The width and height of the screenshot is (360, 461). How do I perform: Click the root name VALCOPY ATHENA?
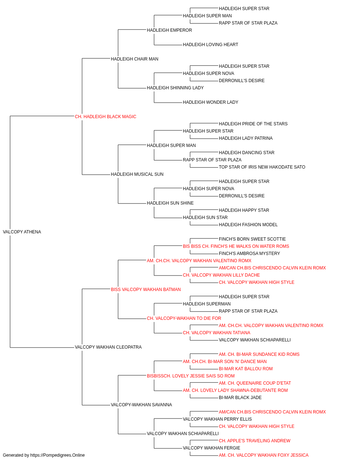tap(22, 232)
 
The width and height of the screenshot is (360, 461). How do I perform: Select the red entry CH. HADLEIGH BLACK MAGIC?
tap(105, 116)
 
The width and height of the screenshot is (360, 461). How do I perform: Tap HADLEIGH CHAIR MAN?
tap(134, 59)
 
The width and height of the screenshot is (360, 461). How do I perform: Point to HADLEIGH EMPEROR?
tap(169, 30)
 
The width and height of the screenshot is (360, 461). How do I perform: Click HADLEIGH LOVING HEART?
tap(210, 44)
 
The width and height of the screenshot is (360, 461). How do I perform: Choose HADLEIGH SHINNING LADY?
tap(175, 88)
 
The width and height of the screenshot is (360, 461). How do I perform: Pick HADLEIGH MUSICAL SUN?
tap(137, 174)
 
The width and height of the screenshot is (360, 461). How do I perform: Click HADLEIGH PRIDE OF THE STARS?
tap(253, 124)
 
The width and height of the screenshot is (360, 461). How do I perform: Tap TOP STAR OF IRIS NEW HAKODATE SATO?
tap(262, 167)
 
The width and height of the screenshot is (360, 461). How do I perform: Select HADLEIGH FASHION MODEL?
tap(248, 224)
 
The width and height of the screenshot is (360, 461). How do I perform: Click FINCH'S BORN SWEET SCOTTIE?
tap(252, 239)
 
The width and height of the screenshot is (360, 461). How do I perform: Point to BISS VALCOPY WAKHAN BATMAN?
tap(146, 289)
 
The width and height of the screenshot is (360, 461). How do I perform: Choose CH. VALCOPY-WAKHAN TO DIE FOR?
tap(184, 318)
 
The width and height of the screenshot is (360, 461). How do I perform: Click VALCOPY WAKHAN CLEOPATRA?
tap(108, 347)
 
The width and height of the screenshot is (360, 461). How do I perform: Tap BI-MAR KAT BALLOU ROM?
tap(246, 369)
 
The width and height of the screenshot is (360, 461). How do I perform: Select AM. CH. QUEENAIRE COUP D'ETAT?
tap(255, 383)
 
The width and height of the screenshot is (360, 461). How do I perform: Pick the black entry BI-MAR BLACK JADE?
tap(240, 398)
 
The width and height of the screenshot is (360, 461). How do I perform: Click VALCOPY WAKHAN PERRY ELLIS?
tap(217, 419)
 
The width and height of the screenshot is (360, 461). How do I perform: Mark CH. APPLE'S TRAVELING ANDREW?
tap(255, 441)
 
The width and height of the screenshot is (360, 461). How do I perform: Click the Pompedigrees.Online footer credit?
tap(44, 455)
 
